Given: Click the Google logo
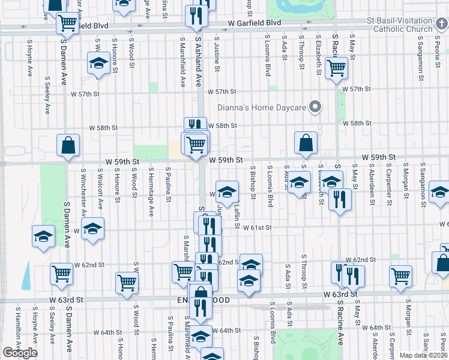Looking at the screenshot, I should (20, 353).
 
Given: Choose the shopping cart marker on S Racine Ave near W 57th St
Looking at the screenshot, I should (336, 68).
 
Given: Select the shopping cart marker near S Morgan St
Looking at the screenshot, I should (400, 277).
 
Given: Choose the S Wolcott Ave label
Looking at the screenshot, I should (100, 192).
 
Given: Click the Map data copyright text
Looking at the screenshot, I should (424, 355).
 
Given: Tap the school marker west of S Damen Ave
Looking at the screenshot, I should (43, 236).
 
